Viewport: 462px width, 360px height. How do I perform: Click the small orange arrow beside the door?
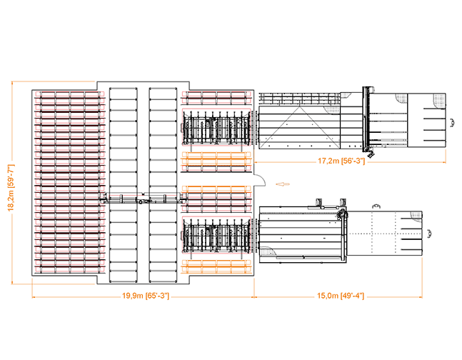click(x=282, y=184)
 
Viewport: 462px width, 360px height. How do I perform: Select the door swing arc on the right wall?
click(x=260, y=181)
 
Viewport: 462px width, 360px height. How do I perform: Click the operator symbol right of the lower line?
click(x=430, y=233)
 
